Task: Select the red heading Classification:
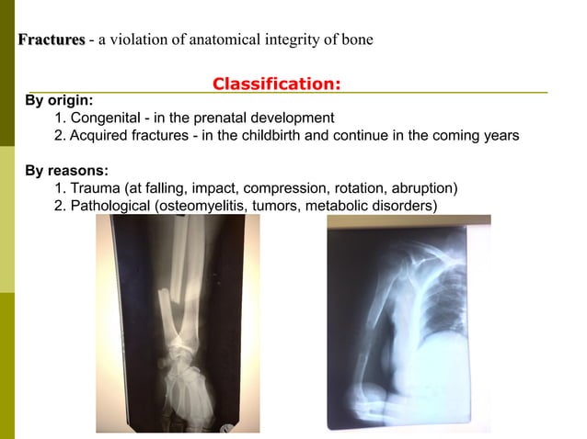point(277,84)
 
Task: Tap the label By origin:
point(59,101)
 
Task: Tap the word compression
point(284,188)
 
